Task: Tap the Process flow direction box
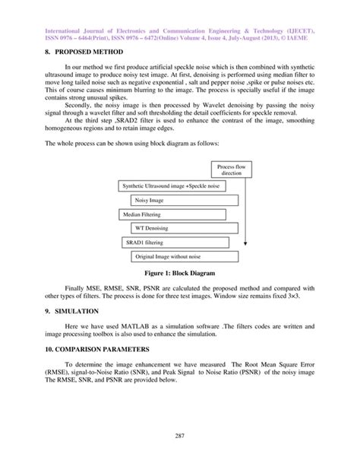[x=229, y=170]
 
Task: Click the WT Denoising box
[x=152, y=229]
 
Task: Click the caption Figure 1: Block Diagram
[x=180, y=274]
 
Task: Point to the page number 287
[x=180, y=445]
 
